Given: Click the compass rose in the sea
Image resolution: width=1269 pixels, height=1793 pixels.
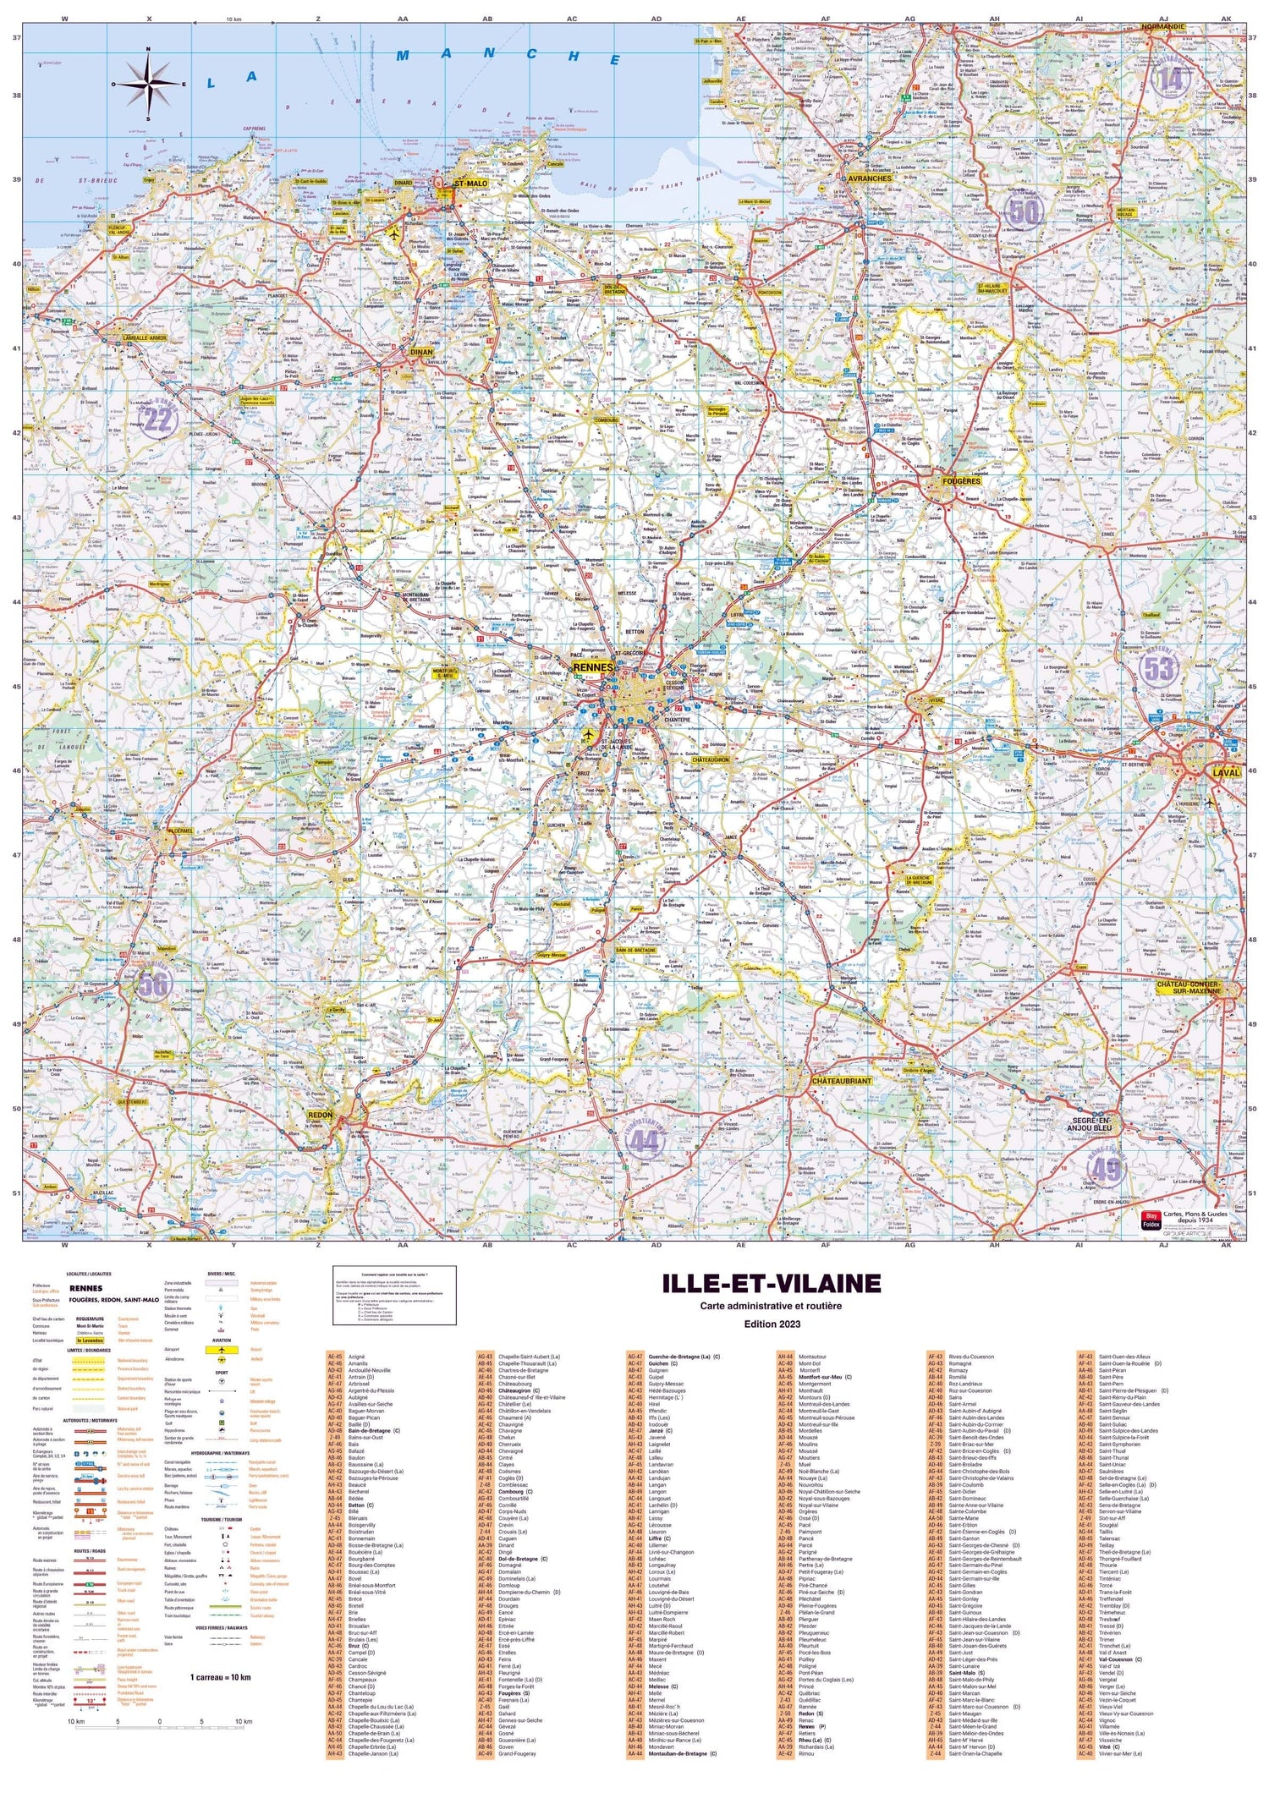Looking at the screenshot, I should click(x=149, y=84).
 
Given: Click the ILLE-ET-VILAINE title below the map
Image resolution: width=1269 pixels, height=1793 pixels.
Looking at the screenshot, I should click(x=771, y=1284).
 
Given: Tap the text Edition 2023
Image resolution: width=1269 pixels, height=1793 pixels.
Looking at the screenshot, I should click(x=770, y=1324).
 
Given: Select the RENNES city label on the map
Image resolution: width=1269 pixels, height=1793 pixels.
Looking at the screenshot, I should click(x=593, y=667).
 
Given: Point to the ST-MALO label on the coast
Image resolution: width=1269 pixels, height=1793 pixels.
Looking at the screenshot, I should click(x=470, y=184).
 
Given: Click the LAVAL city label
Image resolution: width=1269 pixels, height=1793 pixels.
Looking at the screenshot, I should click(x=1226, y=772).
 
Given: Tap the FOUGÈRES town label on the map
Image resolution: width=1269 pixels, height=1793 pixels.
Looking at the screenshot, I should click(x=961, y=481).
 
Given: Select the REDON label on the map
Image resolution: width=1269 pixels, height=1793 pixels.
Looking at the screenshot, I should click(x=321, y=1116).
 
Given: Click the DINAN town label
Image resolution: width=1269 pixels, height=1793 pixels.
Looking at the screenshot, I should click(x=420, y=352).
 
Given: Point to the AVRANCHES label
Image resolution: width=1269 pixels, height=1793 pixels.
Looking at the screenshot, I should click(x=870, y=178).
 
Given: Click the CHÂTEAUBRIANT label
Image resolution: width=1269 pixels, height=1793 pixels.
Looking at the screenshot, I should click(x=841, y=1081).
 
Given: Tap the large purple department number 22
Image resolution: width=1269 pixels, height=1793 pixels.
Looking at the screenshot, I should click(x=158, y=419).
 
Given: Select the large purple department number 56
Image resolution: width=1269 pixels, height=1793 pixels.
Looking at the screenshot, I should click(x=153, y=983).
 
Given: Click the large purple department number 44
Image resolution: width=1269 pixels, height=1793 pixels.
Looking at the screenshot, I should click(x=643, y=1143).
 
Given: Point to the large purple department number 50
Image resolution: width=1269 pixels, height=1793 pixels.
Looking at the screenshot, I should click(x=1024, y=211).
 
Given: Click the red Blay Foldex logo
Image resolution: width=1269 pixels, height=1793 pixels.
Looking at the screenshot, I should click(x=1151, y=1219).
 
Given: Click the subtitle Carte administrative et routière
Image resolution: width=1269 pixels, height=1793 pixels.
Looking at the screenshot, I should click(x=770, y=1306).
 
